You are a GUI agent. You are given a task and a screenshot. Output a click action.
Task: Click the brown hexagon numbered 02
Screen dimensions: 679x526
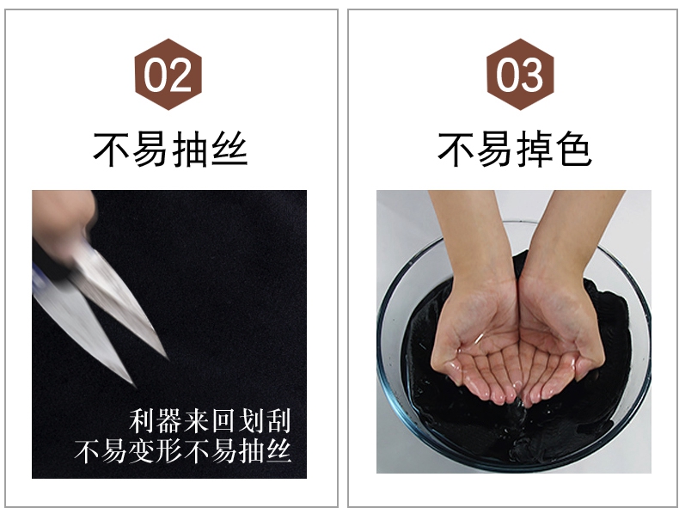(168, 74)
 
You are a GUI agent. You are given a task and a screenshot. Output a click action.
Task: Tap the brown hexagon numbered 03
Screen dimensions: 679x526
(520, 74)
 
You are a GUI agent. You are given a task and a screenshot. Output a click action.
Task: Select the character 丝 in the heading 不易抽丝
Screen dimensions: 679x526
(229, 150)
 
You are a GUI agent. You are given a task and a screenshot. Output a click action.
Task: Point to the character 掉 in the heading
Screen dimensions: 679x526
(534, 150)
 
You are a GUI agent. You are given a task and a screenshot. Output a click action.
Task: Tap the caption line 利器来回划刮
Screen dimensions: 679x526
(210, 420)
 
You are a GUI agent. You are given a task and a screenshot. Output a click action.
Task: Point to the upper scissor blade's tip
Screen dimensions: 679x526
(168, 358)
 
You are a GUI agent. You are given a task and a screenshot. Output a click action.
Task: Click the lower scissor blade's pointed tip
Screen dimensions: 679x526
(134, 385)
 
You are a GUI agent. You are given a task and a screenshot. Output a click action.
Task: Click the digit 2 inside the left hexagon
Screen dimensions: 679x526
(180, 75)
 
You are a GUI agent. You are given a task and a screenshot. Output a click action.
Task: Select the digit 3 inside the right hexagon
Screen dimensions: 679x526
(532, 75)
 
